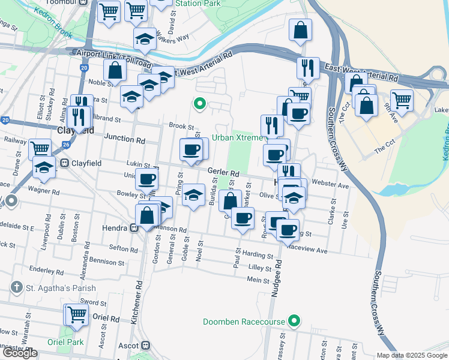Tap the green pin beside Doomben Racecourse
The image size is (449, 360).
(294, 322)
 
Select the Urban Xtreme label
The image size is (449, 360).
(237, 137)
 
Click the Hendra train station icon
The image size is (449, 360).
(136, 228)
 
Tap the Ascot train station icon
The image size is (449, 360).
(145, 346)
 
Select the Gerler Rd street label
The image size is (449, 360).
(224, 173)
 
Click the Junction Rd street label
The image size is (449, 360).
(125, 138)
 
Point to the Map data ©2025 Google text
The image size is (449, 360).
(411, 355)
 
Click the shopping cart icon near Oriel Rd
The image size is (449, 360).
(77, 314)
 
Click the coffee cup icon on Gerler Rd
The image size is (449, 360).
(191, 149)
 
